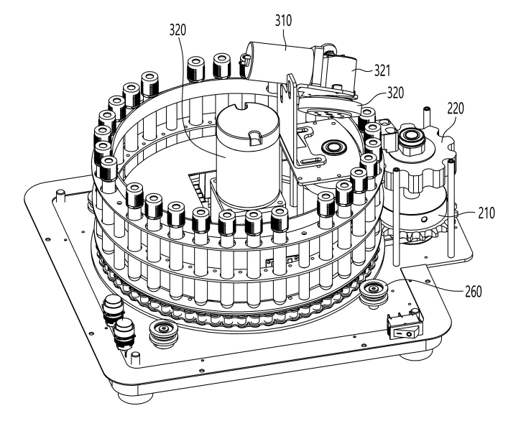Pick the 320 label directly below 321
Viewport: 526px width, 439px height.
394,93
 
